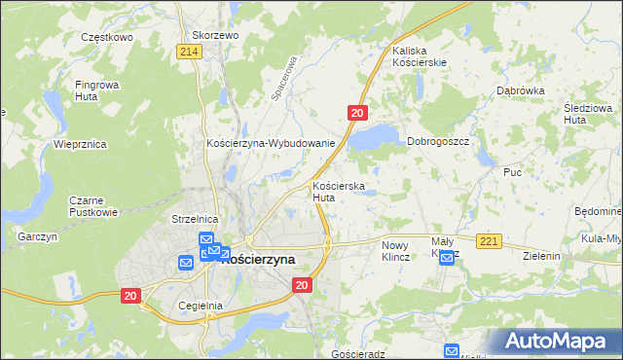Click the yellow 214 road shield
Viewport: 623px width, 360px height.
191,51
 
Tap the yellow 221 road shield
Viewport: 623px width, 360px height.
489,240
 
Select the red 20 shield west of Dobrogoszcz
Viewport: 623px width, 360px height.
357,114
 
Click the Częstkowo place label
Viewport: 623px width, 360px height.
107,35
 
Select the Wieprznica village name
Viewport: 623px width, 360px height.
80,144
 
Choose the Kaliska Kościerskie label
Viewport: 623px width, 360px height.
419,55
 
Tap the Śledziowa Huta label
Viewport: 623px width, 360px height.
586,113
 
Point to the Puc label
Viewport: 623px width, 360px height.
513,172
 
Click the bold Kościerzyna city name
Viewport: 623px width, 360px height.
259,260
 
